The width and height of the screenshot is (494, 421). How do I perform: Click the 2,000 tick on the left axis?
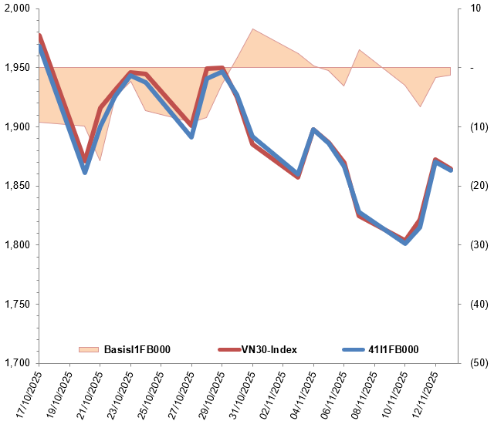(x=17, y=8)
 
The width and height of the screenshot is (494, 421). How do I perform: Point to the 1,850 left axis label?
(x=17, y=186)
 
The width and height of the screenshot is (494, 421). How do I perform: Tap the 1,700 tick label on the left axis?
(x=17, y=363)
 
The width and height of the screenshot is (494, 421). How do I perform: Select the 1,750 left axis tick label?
(x=17, y=304)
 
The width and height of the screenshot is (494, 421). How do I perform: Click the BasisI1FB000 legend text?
(x=137, y=349)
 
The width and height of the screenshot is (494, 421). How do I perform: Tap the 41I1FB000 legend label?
(x=393, y=349)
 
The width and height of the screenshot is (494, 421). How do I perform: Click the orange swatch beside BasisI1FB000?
(x=89, y=349)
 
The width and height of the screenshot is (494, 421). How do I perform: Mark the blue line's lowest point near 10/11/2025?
(x=405, y=243)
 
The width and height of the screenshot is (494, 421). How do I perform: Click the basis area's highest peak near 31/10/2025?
(x=253, y=29)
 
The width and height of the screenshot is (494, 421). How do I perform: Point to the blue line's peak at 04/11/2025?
(x=313, y=130)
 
